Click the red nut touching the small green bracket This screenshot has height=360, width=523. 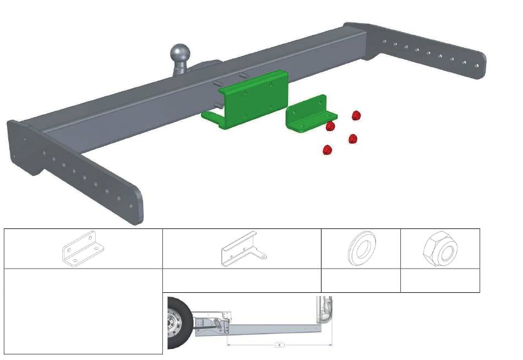[330, 126]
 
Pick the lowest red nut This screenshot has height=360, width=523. [328, 150]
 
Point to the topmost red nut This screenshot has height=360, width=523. [356, 116]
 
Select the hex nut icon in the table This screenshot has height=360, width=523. [440, 249]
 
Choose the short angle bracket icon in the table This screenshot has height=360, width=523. [83, 249]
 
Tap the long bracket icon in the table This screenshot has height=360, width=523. [243, 249]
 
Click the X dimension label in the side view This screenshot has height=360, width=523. [280, 345]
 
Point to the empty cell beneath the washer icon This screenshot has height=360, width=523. [361, 281]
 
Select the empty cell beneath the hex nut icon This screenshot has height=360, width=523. [440, 281]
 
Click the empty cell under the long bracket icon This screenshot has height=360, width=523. [242, 281]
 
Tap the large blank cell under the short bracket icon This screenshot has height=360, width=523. [83, 311]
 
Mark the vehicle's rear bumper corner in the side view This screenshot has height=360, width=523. [325, 310]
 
